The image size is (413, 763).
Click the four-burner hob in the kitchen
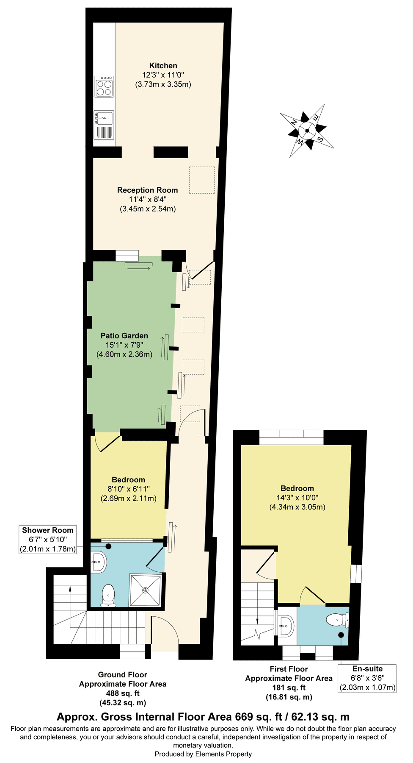click(104, 86)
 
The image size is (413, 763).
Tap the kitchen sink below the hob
click(104, 118)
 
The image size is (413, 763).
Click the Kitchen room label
click(163, 66)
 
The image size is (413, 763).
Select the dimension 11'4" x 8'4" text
click(148, 199)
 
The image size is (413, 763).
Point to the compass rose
click(307, 131)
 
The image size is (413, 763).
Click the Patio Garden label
click(124, 336)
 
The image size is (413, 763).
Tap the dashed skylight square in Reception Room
click(202, 180)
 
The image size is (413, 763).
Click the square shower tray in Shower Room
click(145, 590)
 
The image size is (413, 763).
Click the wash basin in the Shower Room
click(99, 563)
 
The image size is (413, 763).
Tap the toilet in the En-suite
click(338, 620)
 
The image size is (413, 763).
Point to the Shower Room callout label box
click(48, 540)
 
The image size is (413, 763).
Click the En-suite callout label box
click(367, 678)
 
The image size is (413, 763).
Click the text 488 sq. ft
click(123, 693)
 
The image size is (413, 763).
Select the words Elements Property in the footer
click(224, 754)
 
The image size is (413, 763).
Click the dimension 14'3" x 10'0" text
click(297, 498)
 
